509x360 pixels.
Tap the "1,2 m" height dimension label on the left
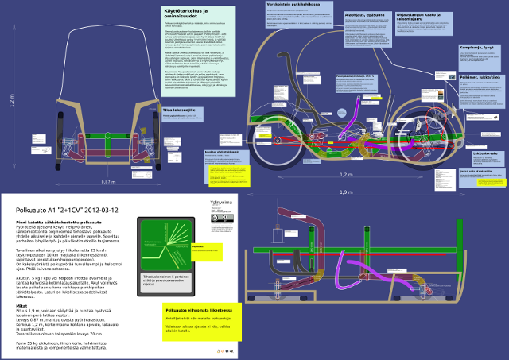pos(11,103)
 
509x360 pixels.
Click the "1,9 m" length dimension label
pos(344,192)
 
